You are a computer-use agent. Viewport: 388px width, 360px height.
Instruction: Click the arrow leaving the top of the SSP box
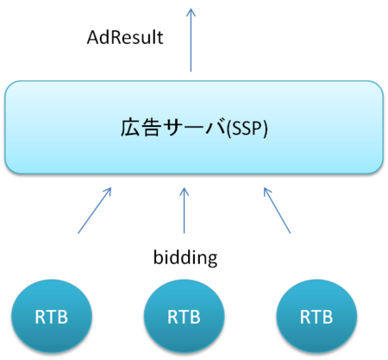pyautogui.click(x=191, y=43)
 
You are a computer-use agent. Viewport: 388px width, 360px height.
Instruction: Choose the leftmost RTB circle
pyautogui.click(x=51, y=316)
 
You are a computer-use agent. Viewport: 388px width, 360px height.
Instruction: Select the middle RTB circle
pyautogui.click(x=184, y=316)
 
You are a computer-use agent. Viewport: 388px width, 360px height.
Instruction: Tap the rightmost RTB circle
pyautogui.click(x=316, y=316)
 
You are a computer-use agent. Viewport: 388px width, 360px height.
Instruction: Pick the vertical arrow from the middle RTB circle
pyautogui.click(x=184, y=211)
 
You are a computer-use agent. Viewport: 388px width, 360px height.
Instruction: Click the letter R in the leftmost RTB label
pyautogui.click(x=41, y=317)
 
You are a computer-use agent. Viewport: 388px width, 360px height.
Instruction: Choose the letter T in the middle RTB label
pyautogui.click(x=184, y=317)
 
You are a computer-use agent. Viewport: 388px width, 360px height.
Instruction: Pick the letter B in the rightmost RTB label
pyautogui.click(x=328, y=317)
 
